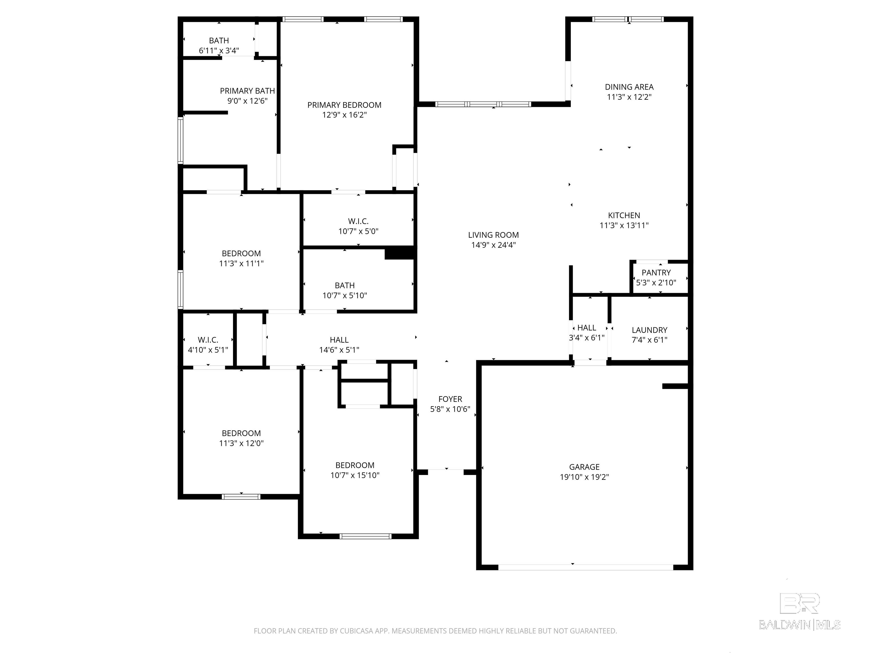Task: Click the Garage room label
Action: [584, 467]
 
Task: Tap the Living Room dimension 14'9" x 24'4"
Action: [493, 245]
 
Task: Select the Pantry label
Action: [656, 272]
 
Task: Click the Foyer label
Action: [450, 399]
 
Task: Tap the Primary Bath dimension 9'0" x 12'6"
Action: [247, 101]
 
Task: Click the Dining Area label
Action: [629, 87]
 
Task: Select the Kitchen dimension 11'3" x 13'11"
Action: [624, 225]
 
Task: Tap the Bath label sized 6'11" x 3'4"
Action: [219, 41]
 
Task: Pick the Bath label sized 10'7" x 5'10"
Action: [344, 285]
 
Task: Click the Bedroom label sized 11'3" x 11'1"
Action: [241, 253]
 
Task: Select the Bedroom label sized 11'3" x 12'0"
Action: [241, 433]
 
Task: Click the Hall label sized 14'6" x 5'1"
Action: [339, 340]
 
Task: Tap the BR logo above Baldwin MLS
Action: [800, 603]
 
